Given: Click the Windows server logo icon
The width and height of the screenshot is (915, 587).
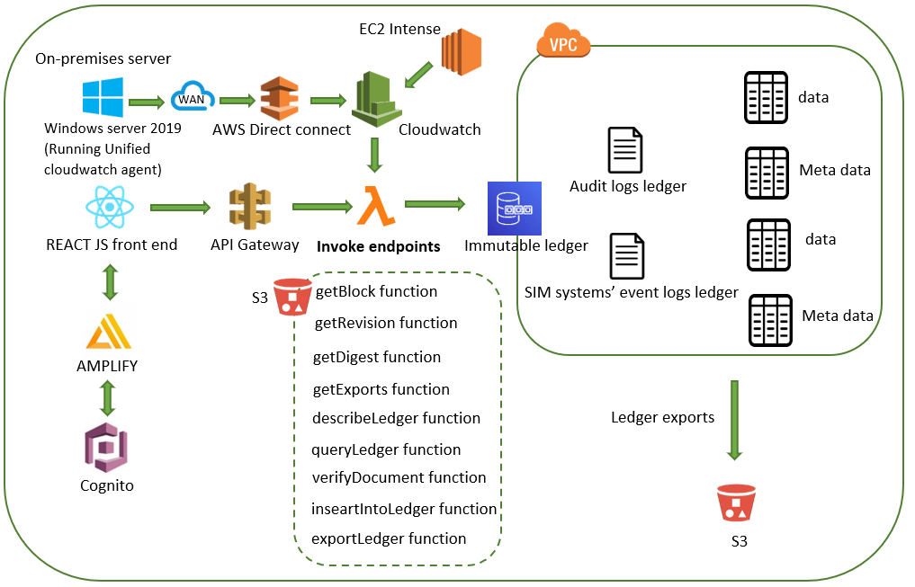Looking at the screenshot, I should [x=103, y=99].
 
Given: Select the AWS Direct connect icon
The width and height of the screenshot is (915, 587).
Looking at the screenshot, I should [x=278, y=99].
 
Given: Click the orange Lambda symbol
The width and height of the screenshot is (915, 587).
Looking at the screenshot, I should [x=375, y=206].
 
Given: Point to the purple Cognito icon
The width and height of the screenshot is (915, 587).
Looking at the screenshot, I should [x=107, y=447].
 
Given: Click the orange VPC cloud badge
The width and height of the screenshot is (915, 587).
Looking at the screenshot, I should [x=562, y=41].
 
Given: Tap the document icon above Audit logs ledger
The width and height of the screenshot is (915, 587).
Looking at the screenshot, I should [x=625, y=150].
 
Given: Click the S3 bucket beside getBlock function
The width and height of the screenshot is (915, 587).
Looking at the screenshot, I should [x=292, y=297].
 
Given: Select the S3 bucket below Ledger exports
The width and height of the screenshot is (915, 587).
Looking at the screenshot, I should [x=735, y=503].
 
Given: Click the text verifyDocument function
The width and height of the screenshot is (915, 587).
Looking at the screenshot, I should [x=399, y=477].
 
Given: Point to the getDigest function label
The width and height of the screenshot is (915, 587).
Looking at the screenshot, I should [x=376, y=357].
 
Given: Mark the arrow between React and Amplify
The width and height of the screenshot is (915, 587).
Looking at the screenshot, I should [x=110, y=280].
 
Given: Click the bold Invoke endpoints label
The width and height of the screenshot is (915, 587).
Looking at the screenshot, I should [x=378, y=245].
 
